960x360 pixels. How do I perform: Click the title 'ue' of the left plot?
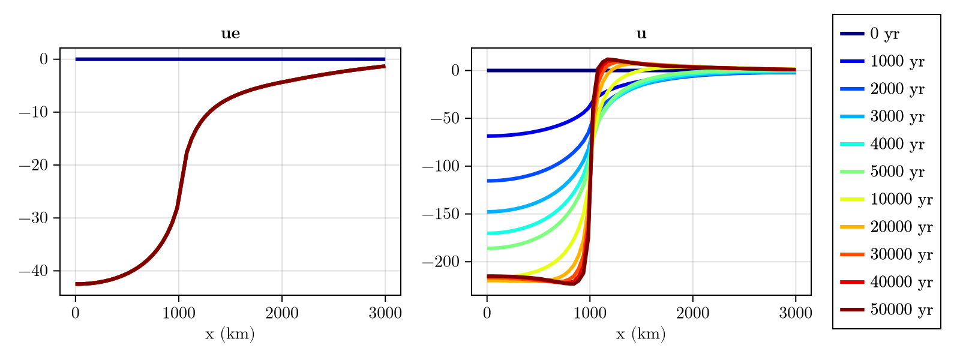tap(230, 34)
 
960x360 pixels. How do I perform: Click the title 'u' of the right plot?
tap(641, 34)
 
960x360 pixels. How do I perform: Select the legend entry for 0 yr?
tap(884, 34)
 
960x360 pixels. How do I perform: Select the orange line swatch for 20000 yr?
tap(852, 227)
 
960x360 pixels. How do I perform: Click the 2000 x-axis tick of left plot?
tap(282, 313)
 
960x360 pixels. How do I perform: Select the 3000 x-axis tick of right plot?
tap(795, 313)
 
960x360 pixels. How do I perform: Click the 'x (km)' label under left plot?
tap(230, 334)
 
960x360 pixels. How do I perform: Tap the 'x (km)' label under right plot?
tap(641, 334)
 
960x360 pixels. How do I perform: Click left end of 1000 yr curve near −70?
tap(489, 136)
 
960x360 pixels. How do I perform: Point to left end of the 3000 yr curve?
tap(489, 212)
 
